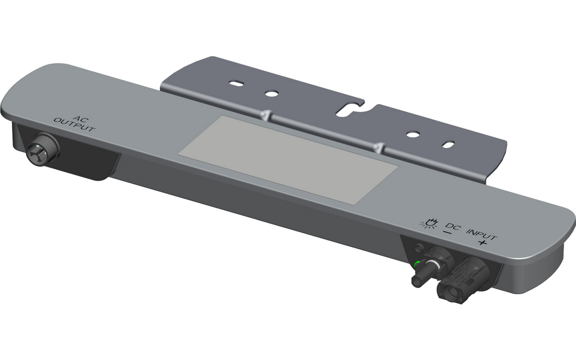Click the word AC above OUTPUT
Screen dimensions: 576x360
point(79,118)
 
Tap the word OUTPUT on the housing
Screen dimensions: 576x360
point(75,124)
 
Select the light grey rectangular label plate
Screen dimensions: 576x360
point(289,160)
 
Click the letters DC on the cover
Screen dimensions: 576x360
point(453,227)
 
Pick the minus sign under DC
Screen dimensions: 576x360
point(448,232)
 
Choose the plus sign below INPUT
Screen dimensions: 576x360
point(482,243)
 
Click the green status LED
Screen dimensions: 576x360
point(417,263)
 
